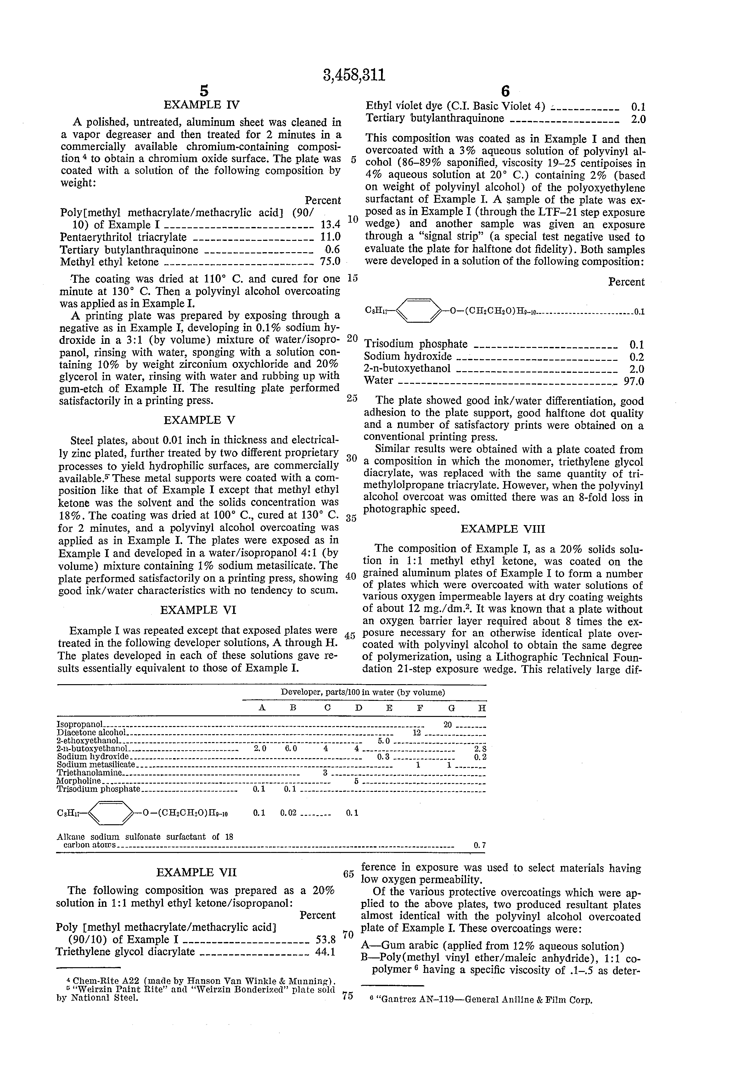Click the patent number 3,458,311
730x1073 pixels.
pos(354,75)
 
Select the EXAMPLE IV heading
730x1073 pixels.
pos(202,105)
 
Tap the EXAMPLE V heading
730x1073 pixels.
pos(199,420)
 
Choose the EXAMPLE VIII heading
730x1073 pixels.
pos(503,529)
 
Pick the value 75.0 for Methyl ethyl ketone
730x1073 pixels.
pos(330,262)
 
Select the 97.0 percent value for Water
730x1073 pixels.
pos(634,381)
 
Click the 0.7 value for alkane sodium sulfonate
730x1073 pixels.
pos(480,845)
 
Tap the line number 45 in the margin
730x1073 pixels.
pos(350,636)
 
